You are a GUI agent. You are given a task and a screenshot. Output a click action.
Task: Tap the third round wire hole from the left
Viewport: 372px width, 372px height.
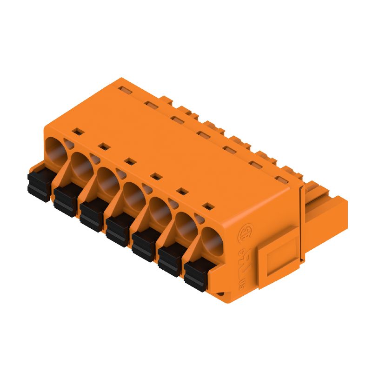click(x=107, y=179)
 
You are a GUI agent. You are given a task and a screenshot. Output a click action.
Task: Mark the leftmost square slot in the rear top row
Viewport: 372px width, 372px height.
click(x=124, y=87)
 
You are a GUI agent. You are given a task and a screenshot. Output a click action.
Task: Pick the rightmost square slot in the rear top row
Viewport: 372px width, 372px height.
click(x=280, y=179)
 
